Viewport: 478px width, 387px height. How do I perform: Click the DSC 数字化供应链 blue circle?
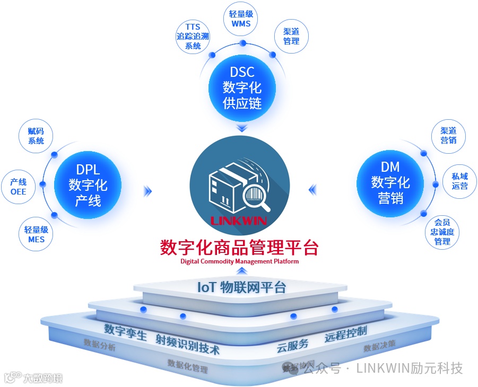pos(242,87)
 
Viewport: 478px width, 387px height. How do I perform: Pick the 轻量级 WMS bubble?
pos(241,19)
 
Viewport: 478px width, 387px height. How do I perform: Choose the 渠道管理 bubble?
pos(291,36)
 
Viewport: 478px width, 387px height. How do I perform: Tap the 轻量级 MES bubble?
pos(36,234)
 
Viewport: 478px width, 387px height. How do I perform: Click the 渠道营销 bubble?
pos(448,135)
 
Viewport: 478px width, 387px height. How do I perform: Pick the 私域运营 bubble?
pos(459,181)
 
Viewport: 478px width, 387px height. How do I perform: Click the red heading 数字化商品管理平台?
pos(239,248)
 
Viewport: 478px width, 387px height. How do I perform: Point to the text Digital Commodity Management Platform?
pos(239,261)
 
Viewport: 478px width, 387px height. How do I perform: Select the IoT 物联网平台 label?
pos(241,287)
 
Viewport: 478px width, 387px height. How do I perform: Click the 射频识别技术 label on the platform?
pos(187,344)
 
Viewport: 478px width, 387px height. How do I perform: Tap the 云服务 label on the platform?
pos(292,345)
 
